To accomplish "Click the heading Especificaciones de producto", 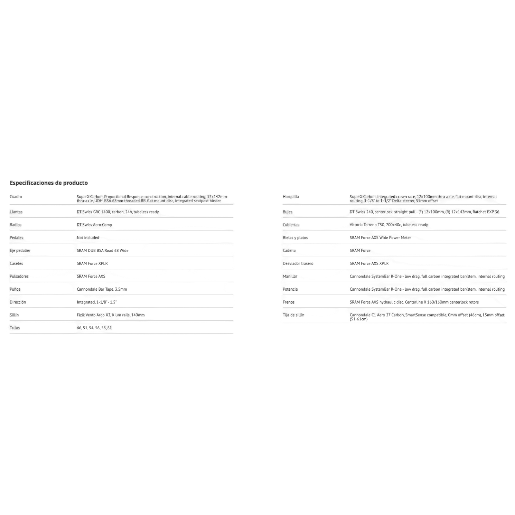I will click(49, 183).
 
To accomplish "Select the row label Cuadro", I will click(16, 197).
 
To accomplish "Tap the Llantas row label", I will click(16, 212).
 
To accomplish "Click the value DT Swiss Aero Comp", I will click(94, 225).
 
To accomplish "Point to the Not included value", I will click(88, 238).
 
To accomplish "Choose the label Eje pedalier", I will click(20, 251).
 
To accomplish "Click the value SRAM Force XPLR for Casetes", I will click(92, 264).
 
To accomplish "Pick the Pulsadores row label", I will click(19, 276).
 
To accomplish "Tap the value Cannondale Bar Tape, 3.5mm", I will click(102, 289).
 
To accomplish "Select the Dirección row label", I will click(18, 302).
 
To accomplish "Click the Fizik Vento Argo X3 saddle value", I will click(110, 315).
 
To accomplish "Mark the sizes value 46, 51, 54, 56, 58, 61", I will click(94, 328).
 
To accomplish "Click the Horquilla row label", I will click(291, 197).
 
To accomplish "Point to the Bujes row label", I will click(287, 212).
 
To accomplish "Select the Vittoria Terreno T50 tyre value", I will click(389, 225).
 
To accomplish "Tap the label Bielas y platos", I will click(295, 238).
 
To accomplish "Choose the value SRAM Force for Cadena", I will click(360, 251).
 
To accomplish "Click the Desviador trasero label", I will click(298, 264).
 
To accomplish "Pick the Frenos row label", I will click(288, 302).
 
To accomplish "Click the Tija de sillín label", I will click(293, 315).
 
